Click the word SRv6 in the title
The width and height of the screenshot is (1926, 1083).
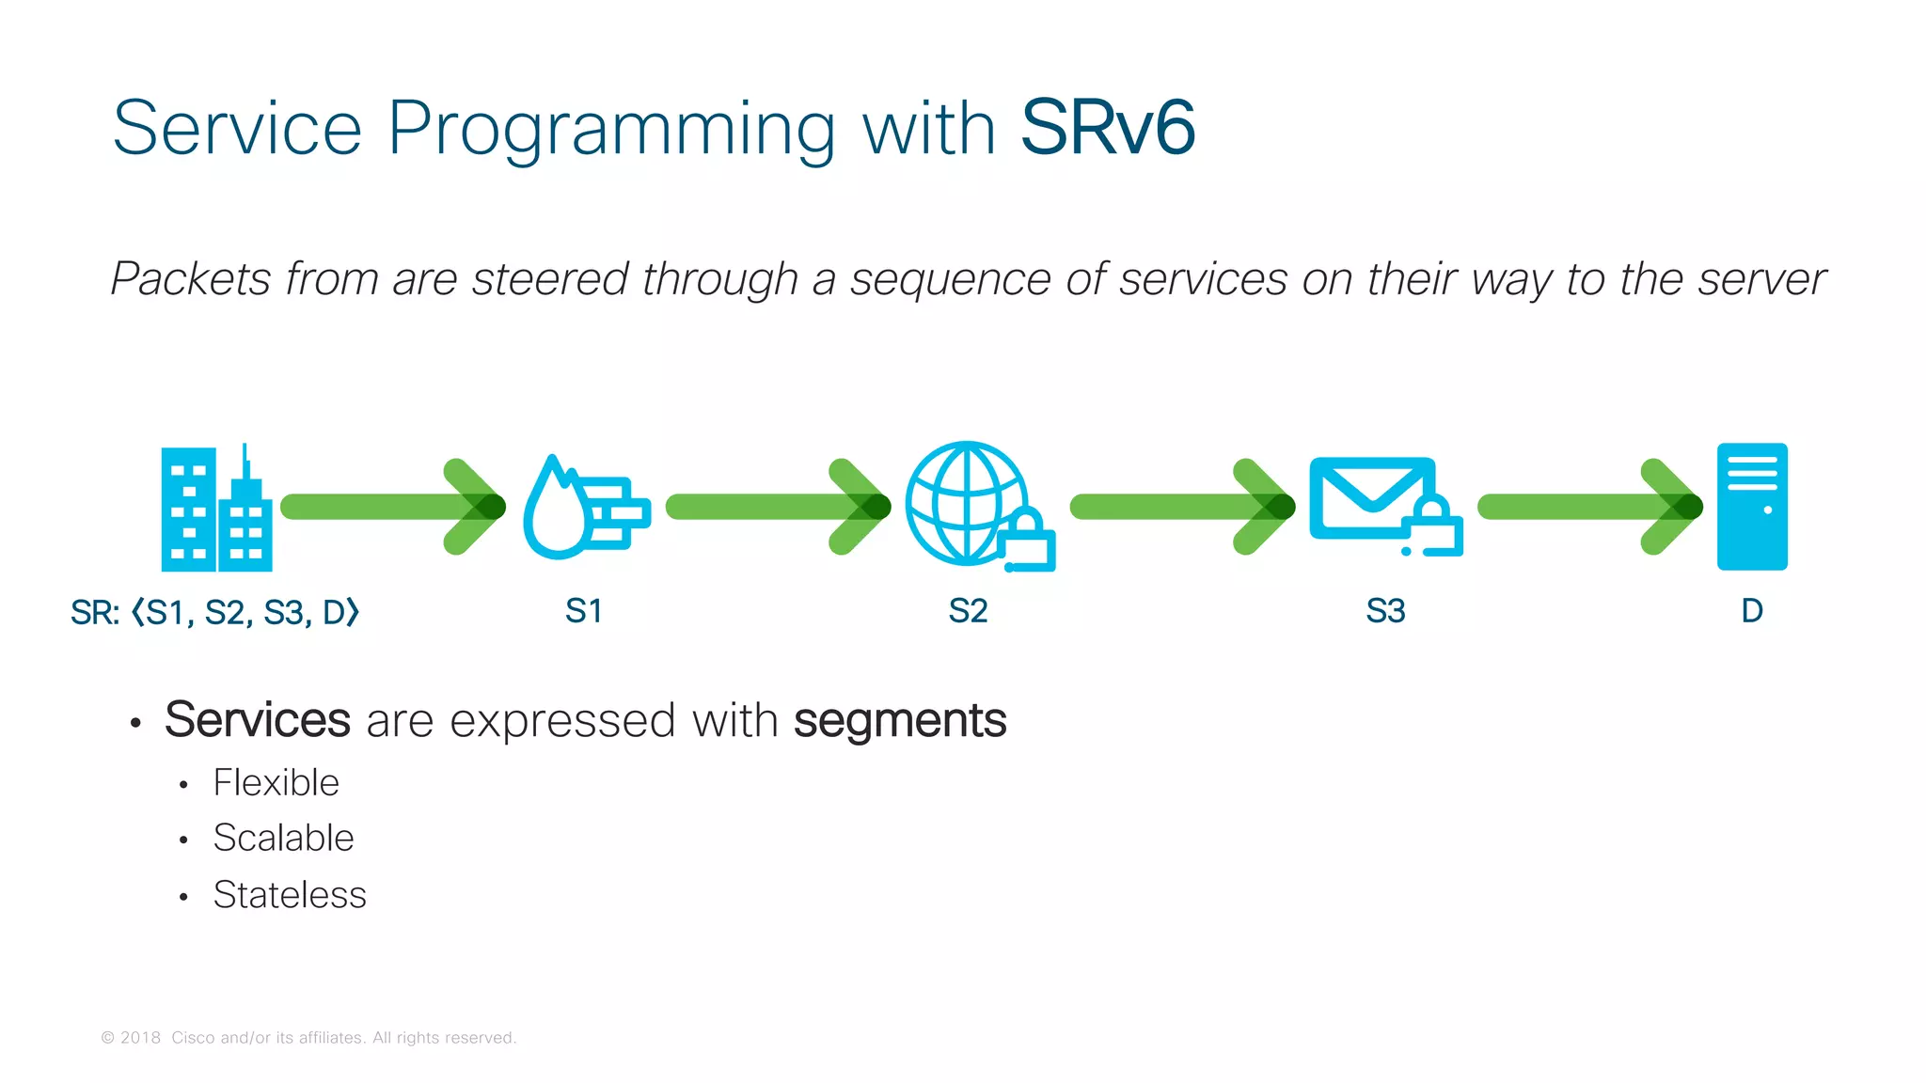[1107, 128]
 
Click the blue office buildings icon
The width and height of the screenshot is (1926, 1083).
[216, 509]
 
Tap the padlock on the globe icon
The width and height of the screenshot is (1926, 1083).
[1028, 544]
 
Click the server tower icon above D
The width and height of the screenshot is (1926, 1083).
[1751, 507]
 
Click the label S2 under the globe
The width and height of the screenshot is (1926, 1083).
[968, 611]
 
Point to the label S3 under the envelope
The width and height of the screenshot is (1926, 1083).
[1385, 611]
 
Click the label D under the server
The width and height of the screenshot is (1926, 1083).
[1751, 611]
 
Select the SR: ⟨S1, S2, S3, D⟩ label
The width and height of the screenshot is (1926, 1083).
[215, 613]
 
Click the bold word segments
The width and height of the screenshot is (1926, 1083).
[899, 721]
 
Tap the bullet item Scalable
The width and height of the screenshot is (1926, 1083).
[283, 838]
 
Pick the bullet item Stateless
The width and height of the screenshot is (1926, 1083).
[290, 894]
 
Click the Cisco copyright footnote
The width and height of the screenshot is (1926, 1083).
[309, 1038]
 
